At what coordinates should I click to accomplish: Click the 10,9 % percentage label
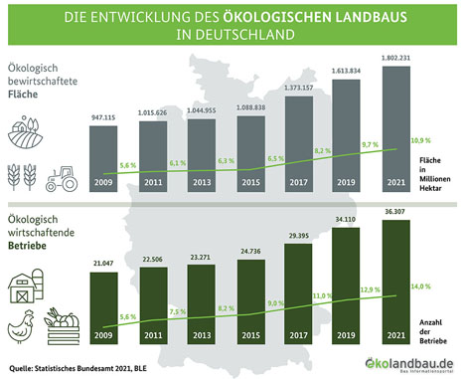pos(421,140)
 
